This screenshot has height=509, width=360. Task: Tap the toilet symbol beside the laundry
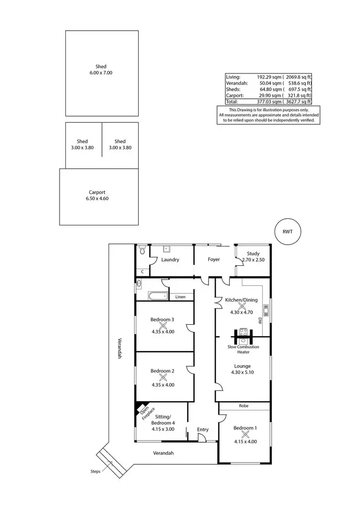pyautogui.click(x=142, y=250)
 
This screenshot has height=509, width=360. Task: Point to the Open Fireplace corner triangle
pyautogui.click(x=140, y=407)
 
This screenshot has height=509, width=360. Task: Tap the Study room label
pyautogui.click(x=253, y=253)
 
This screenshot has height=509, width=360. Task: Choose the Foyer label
pyautogui.click(x=214, y=260)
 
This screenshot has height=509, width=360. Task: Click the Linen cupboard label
pyautogui.click(x=180, y=297)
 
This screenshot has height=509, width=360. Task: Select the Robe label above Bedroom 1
pyautogui.click(x=244, y=406)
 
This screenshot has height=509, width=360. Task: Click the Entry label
pyautogui.click(x=203, y=429)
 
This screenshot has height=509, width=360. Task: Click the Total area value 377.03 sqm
pyautogui.click(x=268, y=102)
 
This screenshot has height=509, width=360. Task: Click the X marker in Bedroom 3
pyautogui.click(x=162, y=325)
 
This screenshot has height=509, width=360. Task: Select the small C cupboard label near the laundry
pyautogui.click(x=143, y=272)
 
